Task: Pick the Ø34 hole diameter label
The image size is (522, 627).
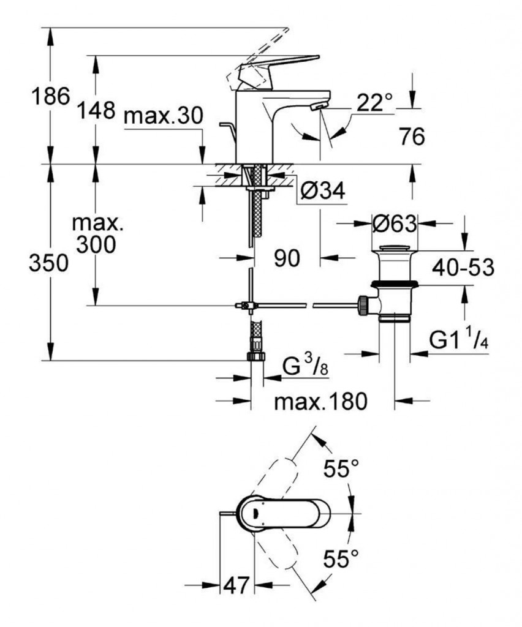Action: coord(323,192)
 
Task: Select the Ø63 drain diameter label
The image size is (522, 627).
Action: coord(395,224)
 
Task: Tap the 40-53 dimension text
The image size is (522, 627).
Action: coord(463,267)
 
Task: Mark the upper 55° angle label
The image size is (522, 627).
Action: coord(341,470)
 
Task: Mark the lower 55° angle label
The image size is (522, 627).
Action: coord(341,558)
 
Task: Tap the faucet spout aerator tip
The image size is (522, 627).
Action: coord(316,107)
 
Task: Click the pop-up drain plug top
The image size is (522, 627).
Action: coord(395,248)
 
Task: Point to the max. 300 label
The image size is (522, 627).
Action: coord(97,234)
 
